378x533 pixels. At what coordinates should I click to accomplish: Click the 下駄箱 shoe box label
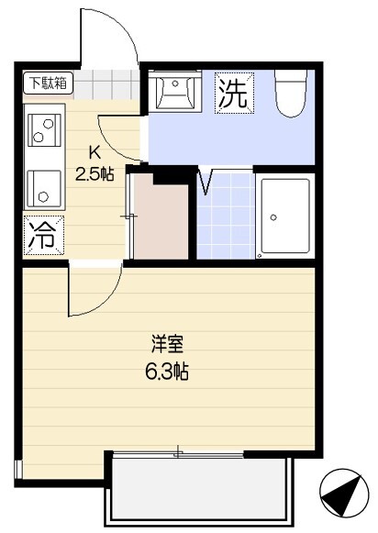point(48,83)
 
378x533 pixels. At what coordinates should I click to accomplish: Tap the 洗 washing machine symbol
point(234,93)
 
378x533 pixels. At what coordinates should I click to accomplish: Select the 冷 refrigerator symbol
point(43,235)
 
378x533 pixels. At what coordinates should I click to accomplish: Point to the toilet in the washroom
point(292,94)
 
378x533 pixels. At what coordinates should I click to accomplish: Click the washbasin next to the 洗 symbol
point(175,91)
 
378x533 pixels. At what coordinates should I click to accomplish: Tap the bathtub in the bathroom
point(285,217)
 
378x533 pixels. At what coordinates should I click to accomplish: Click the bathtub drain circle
point(273,217)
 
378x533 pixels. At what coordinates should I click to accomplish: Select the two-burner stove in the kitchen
point(44,130)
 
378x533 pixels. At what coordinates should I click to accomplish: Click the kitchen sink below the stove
point(44,189)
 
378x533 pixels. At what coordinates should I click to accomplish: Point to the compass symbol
point(344,493)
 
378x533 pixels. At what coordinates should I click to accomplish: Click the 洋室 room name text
point(168,344)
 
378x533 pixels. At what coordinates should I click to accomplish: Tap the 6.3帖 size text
point(167,371)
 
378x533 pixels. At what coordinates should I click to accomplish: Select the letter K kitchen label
point(94,152)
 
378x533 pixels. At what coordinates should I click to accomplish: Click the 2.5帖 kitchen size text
point(94,174)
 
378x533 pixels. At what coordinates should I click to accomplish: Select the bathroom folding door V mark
point(206,181)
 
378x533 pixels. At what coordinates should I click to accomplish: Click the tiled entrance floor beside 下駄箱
point(106,84)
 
